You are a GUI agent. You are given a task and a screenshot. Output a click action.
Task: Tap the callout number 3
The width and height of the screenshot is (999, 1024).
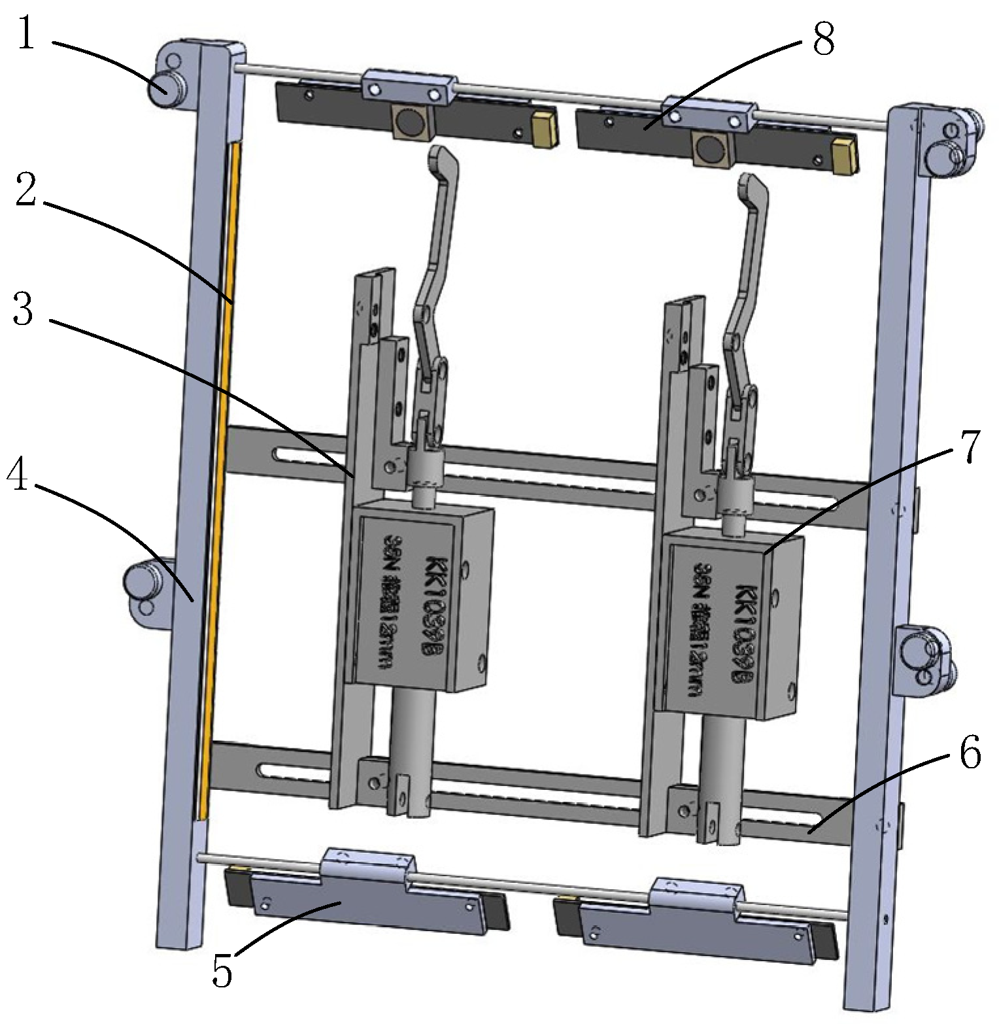point(24,309)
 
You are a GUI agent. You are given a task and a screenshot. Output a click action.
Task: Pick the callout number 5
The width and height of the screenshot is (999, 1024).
point(222,970)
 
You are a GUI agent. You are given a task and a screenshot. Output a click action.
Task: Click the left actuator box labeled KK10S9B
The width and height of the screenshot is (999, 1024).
point(418,598)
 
